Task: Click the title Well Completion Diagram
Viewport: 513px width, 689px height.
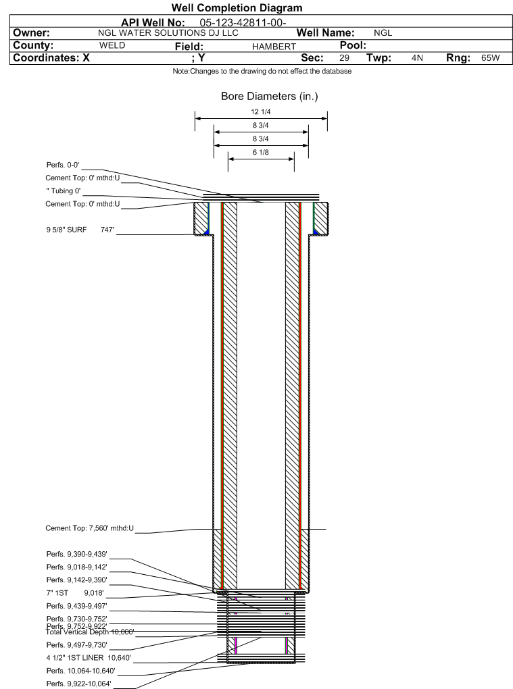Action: coord(237,8)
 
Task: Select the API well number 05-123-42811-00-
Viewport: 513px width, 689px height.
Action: coord(239,22)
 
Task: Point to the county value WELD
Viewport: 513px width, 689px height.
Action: coord(112,45)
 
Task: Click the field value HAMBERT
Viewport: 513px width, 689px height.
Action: coord(274,46)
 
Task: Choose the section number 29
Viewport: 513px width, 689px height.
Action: coord(344,58)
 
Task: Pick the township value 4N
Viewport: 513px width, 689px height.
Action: coord(417,58)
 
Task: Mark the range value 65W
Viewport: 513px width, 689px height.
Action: coord(490,58)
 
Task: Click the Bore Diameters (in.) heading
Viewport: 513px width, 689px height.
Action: coord(269,97)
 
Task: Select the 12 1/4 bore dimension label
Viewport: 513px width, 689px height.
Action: coord(261,112)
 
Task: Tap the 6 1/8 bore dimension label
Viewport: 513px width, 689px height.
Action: coord(261,153)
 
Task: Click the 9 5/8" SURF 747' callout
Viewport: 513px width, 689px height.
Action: coord(78,230)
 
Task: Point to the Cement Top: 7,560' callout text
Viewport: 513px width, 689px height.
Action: coord(89,529)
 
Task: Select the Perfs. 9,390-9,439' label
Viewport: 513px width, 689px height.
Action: coord(76,554)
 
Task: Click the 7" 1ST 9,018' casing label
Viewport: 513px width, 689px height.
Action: coord(74,592)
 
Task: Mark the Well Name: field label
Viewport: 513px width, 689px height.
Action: coord(326,33)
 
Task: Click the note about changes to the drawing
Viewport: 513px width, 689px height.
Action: coord(262,72)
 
